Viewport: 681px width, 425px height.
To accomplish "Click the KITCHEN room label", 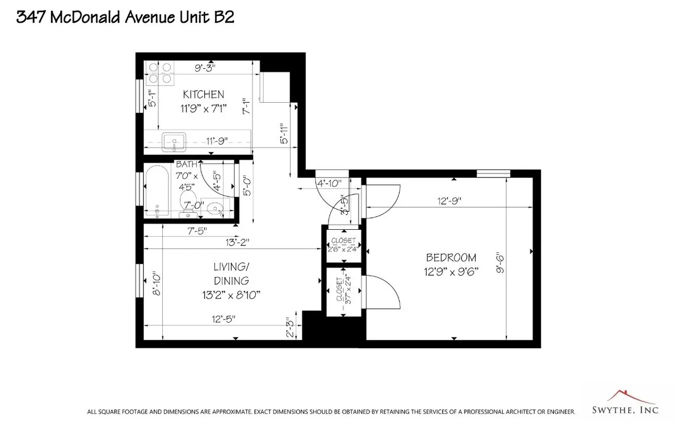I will (203, 94).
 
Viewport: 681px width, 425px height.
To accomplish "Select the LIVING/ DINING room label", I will (231, 273).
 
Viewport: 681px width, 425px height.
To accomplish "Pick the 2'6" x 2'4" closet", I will (343, 245).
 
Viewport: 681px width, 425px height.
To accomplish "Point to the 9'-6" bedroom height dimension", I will (500, 263).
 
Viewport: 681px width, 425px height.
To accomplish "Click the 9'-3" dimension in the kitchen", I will (205, 68).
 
